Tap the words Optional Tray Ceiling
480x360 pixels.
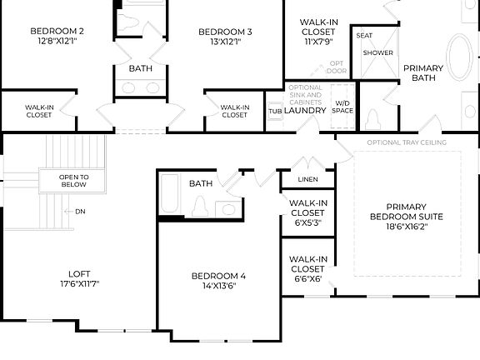[407, 142]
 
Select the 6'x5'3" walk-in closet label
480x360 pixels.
[307, 213]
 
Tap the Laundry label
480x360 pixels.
[304, 109]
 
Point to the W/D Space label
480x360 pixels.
[342, 106]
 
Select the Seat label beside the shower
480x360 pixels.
[364, 36]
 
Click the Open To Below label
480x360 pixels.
[73, 181]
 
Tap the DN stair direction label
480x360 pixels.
[80, 211]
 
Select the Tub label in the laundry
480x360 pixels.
[274, 111]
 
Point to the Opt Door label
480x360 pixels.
[336, 67]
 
